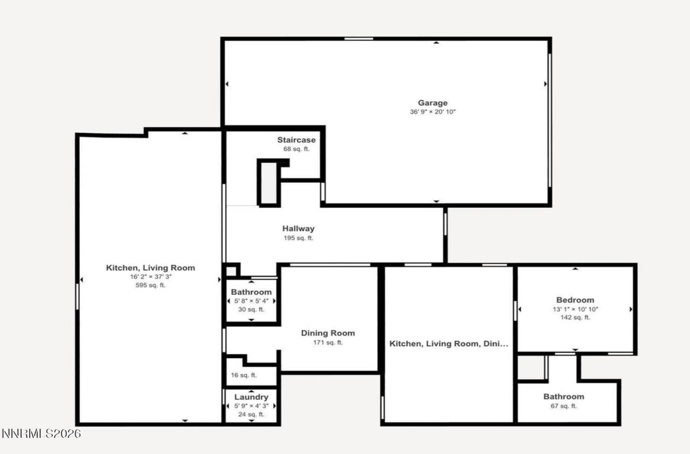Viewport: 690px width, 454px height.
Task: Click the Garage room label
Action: pos(432,103)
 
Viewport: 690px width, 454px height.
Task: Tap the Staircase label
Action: pos(296,140)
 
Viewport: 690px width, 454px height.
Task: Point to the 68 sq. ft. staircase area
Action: pos(296,149)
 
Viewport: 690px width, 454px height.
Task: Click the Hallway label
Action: pos(298,229)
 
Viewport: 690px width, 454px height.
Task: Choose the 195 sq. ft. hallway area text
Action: pos(298,238)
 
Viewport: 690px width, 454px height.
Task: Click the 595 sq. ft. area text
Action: pos(150,285)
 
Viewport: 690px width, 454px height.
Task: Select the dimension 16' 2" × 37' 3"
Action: pos(150,277)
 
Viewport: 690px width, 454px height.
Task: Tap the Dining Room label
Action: pos(328,333)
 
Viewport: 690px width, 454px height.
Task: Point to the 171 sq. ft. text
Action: pos(328,342)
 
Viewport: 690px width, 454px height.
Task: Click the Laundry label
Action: pos(251,397)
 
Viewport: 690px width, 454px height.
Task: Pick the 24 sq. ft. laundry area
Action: pos(251,414)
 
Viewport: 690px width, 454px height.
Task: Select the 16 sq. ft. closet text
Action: pos(244,375)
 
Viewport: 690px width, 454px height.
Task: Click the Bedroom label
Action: pos(575,300)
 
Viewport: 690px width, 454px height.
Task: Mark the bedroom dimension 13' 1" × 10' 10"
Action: pos(575,309)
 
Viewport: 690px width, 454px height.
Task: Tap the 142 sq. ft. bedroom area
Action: pos(575,318)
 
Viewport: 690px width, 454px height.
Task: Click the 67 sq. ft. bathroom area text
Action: pos(563,406)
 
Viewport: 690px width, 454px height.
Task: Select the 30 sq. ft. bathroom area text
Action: pos(251,309)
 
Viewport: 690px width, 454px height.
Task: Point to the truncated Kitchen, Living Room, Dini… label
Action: pos(448,343)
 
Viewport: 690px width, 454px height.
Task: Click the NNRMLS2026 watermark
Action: pos(41,434)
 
